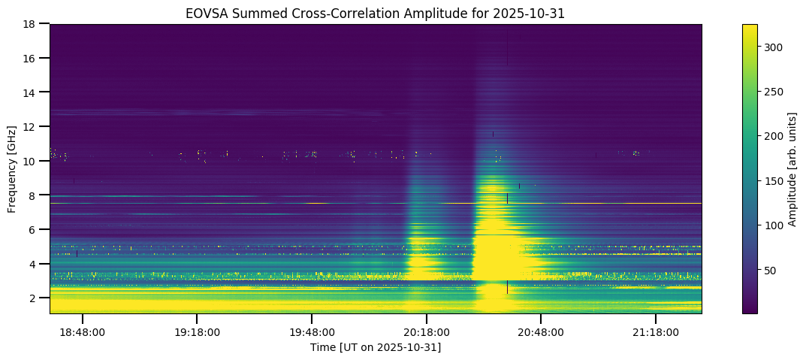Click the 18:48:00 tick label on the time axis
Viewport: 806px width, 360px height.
click(x=83, y=331)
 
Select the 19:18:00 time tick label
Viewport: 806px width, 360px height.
click(x=197, y=331)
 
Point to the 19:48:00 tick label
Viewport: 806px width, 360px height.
click(x=312, y=331)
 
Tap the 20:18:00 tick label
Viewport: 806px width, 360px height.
click(x=427, y=331)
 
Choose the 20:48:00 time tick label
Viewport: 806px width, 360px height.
click(x=541, y=331)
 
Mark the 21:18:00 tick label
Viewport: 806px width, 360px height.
click(x=656, y=331)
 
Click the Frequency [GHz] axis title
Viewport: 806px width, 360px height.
click(x=12, y=168)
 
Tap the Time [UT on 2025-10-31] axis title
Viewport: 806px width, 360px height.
click(x=376, y=347)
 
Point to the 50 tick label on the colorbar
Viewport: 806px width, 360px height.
click(x=770, y=270)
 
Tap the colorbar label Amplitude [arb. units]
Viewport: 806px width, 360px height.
click(x=792, y=168)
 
